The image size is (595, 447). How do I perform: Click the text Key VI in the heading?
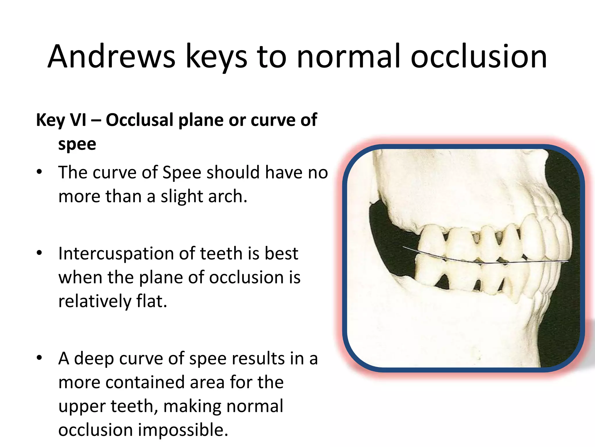pos(61,120)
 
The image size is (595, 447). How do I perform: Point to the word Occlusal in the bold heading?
pos(139,120)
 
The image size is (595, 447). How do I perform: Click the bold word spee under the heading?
pos(77,144)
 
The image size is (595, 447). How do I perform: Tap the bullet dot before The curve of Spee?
pos(40,172)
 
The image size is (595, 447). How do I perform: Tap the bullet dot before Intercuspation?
pos(40,253)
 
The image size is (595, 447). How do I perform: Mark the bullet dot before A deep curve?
pos(40,358)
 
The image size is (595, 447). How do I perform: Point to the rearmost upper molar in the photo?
pos(432,242)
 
